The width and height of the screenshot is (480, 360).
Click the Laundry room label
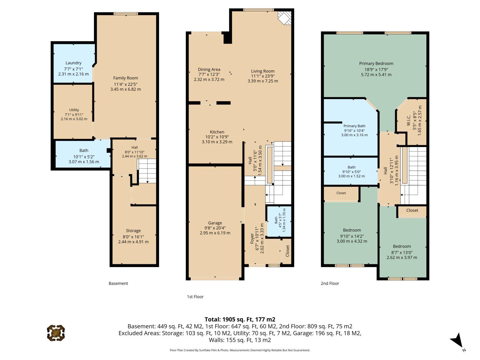click(x=73, y=63)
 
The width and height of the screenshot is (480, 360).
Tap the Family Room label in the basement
click(x=126, y=78)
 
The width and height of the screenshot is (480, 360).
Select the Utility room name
click(x=74, y=110)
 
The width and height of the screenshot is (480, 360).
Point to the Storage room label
click(x=133, y=231)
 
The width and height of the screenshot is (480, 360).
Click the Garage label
click(x=215, y=223)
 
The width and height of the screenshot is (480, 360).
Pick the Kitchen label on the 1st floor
click(x=217, y=132)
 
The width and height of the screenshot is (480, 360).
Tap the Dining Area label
click(x=209, y=70)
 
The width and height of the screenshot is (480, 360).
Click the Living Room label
click(x=263, y=71)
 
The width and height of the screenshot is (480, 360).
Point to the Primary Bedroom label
click(x=376, y=63)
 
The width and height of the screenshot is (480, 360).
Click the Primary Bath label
click(x=354, y=126)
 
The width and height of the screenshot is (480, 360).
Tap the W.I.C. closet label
click(x=409, y=121)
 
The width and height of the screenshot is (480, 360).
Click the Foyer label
click(x=252, y=239)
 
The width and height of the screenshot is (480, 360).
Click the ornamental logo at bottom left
click(x=56, y=333)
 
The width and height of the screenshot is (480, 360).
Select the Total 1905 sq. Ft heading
click(x=240, y=319)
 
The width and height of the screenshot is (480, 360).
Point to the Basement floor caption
click(x=118, y=283)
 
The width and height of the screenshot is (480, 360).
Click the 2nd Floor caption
click(x=330, y=283)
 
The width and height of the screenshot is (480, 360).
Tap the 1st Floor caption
click(x=195, y=297)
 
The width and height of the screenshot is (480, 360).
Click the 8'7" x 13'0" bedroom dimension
click(x=402, y=252)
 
